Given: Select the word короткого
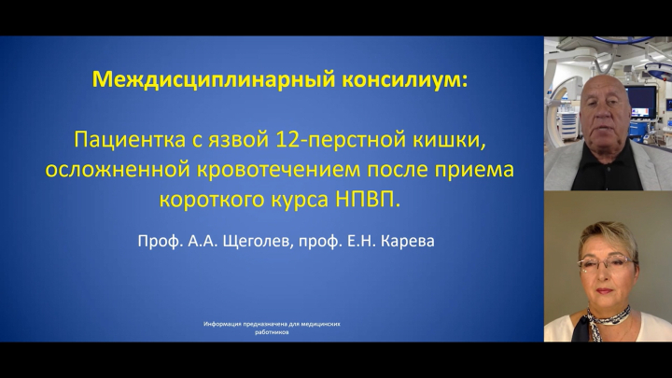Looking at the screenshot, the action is [x=211, y=200].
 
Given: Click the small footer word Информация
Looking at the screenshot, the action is [x=222, y=325].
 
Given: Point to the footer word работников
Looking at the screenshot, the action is [x=272, y=332].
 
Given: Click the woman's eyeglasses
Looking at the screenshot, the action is [x=605, y=264].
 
